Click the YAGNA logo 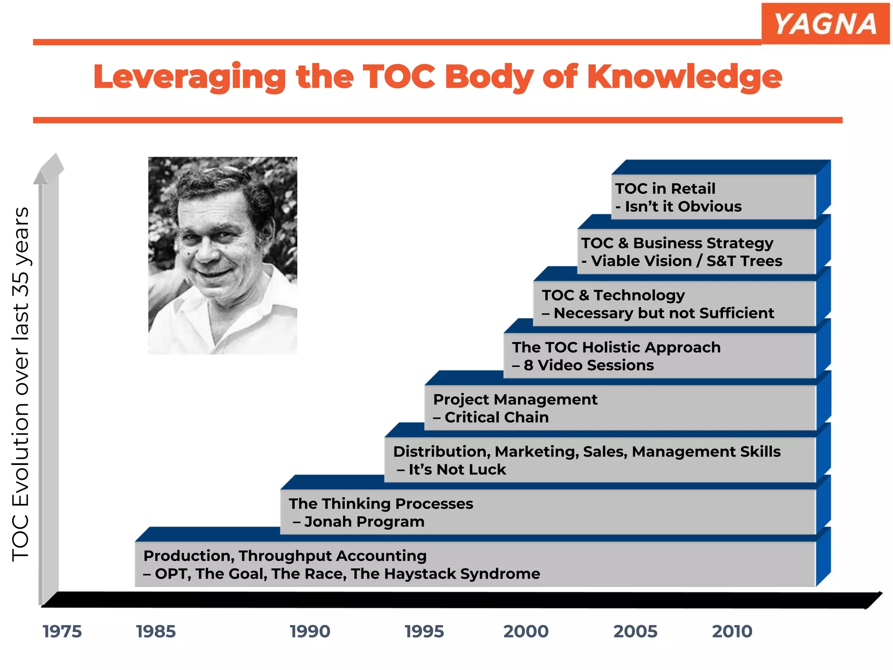pyautogui.click(x=825, y=24)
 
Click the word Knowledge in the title pyautogui.click(x=685, y=77)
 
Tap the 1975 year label pyautogui.click(x=62, y=632)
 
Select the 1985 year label pyautogui.click(x=156, y=632)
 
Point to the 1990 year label pyautogui.click(x=310, y=632)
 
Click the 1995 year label pyautogui.click(x=424, y=632)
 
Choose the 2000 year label pyautogui.click(x=526, y=632)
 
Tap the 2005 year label pyautogui.click(x=635, y=632)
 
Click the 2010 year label pyautogui.click(x=732, y=632)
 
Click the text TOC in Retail pyautogui.click(x=665, y=188)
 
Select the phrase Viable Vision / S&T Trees pyautogui.click(x=686, y=261)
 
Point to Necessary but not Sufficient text pyautogui.click(x=664, y=313)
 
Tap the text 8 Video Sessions pyautogui.click(x=589, y=365)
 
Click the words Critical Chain pyautogui.click(x=496, y=417)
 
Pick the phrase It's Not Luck pyautogui.click(x=457, y=469)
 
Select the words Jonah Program pyautogui.click(x=364, y=522)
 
